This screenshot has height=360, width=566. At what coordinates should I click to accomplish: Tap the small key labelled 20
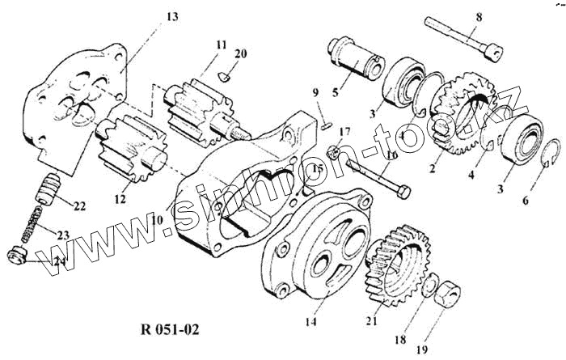pos(226,78)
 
